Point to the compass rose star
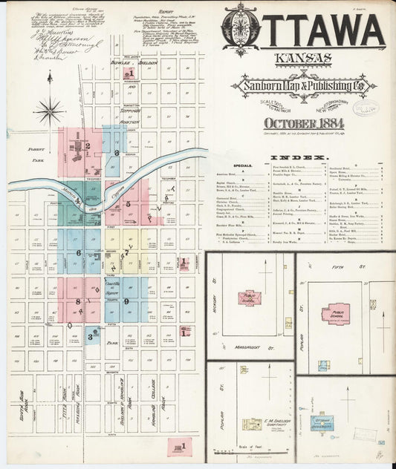point(50,110)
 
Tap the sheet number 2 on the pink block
point(88,146)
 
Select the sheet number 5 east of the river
point(129,203)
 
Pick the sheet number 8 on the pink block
point(77,301)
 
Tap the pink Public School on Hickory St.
point(250,298)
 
